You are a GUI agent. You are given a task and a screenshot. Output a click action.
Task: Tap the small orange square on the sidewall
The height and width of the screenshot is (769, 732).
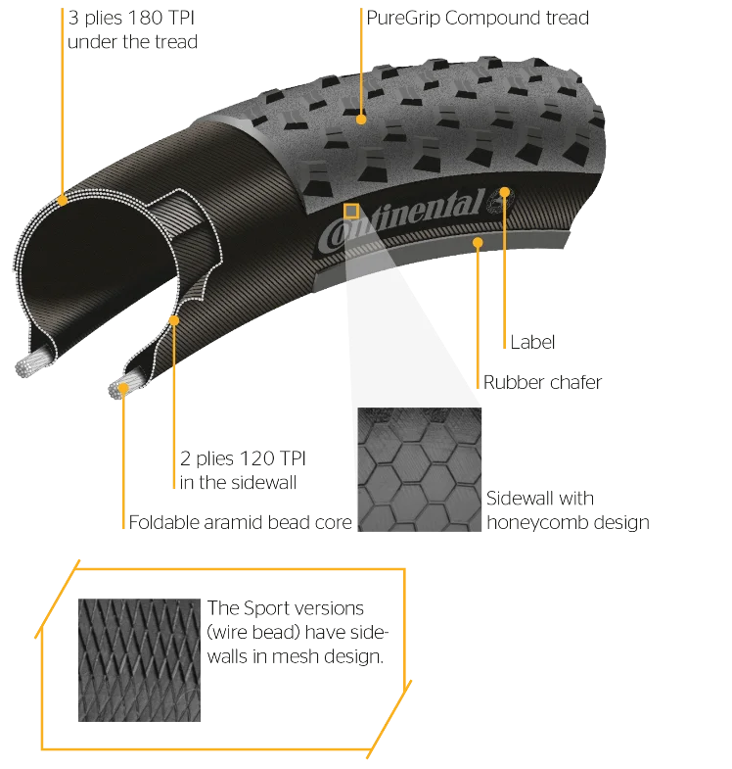click(x=350, y=211)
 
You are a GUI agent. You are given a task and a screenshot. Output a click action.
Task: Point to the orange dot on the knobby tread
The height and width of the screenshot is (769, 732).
click(x=362, y=120)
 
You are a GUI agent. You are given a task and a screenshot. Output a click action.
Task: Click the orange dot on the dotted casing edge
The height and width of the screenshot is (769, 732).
click(x=63, y=200)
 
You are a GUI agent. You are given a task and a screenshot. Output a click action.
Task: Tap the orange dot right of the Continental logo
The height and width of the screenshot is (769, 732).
click(x=505, y=192)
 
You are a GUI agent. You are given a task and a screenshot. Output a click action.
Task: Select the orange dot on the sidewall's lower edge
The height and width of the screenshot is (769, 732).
click(x=478, y=241)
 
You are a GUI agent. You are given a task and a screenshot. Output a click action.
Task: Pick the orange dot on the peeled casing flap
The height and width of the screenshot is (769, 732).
click(x=174, y=319)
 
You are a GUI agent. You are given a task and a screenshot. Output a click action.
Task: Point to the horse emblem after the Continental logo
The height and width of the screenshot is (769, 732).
click(x=498, y=205)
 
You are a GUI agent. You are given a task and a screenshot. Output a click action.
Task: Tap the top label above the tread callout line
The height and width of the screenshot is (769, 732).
click(x=470, y=19)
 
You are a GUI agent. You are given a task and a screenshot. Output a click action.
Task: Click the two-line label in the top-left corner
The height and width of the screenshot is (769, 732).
click(x=131, y=29)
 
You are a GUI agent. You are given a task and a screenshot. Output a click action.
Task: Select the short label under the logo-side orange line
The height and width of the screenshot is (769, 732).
click(x=532, y=343)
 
